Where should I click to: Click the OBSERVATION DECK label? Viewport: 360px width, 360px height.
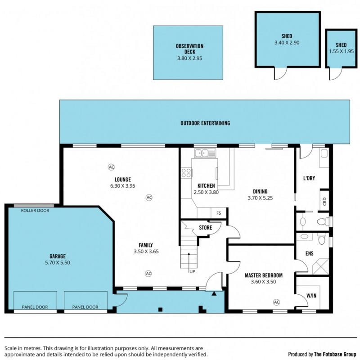[x=189, y=49]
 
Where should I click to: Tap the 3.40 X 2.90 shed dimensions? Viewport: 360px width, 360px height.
[x=287, y=43]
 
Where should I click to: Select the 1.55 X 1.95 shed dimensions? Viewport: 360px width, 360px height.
[x=341, y=51]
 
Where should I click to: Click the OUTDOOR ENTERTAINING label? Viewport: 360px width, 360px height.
[x=205, y=123]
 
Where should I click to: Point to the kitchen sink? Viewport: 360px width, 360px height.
[x=205, y=153]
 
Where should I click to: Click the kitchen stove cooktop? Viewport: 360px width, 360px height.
[x=186, y=173]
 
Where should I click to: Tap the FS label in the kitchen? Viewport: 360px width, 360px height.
[x=219, y=213]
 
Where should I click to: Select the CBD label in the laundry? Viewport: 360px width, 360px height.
[x=324, y=201]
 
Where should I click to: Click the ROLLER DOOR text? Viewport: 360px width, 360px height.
[x=35, y=211]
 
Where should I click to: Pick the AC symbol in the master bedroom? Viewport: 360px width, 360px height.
[x=277, y=302]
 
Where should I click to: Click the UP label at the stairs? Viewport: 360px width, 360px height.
[x=192, y=272]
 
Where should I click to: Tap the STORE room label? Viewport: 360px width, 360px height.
[x=206, y=228]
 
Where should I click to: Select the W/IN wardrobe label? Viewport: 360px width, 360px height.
[x=311, y=296]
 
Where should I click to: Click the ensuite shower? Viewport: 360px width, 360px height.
[x=320, y=266]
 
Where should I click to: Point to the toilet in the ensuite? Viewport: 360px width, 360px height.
[x=322, y=239]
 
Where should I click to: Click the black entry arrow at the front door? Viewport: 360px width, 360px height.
[x=214, y=293]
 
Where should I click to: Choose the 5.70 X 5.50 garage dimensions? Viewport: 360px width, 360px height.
[x=58, y=263]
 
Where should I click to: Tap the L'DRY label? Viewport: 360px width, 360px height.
[x=309, y=178]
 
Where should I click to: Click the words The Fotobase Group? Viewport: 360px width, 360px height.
[x=335, y=354]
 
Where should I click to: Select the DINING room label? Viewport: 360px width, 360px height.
[x=260, y=192]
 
